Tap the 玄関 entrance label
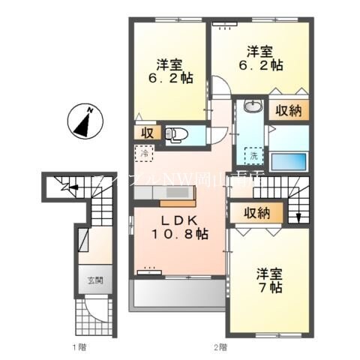[91, 281]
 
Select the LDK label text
[179, 221]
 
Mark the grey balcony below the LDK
[178, 294]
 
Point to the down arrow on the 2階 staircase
[298, 217]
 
